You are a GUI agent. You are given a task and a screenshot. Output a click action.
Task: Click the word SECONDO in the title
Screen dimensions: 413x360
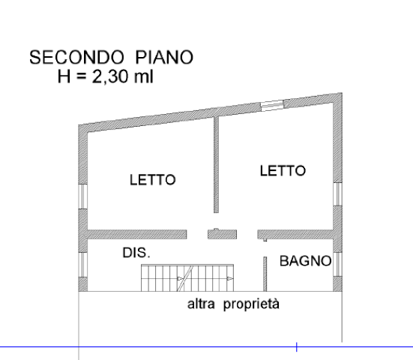(x=76, y=58)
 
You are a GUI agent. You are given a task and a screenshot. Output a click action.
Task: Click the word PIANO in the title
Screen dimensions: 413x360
(x=164, y=58)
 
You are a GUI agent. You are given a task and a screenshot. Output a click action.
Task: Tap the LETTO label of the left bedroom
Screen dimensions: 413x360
(x=153, y=180)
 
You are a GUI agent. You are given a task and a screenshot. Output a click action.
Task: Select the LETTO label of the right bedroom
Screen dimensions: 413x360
(x=283, y=170)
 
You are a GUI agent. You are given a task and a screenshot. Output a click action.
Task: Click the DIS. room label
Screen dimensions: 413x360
(x=136, y=253)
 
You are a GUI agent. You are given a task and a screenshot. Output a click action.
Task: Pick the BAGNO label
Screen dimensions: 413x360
(x=306, y=261)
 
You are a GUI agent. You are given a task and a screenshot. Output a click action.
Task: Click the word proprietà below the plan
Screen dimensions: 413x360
(x=251, y=304)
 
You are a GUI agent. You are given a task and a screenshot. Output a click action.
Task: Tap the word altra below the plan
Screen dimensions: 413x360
(x=201, y=304)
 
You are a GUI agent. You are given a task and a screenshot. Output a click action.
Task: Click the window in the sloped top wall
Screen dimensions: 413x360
(x=272, y=105)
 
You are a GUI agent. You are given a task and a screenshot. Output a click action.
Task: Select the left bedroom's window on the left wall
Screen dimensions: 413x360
(x=83, y=196)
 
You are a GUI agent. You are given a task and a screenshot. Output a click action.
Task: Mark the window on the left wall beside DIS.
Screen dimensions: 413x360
(x=83, y=264)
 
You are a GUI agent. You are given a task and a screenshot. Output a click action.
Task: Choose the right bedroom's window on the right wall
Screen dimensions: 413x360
(x=337, y=193)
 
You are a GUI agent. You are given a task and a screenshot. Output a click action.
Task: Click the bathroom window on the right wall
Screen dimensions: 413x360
(x=337, y=264)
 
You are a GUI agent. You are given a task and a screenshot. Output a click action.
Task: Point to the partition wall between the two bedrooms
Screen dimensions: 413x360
(x=217, y=164)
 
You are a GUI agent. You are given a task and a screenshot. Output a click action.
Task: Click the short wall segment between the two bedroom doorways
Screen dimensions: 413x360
(x=223, y=234)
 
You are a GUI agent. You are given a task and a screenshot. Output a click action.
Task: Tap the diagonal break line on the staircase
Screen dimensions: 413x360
(x=186, y=278)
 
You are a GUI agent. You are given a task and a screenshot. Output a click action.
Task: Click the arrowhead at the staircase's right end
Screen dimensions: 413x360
(x=230, y=278)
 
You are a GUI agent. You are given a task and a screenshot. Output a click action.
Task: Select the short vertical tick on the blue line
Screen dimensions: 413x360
(x=297, y=346)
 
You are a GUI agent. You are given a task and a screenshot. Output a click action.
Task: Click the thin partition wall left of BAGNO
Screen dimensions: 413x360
(x=265, y=274)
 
